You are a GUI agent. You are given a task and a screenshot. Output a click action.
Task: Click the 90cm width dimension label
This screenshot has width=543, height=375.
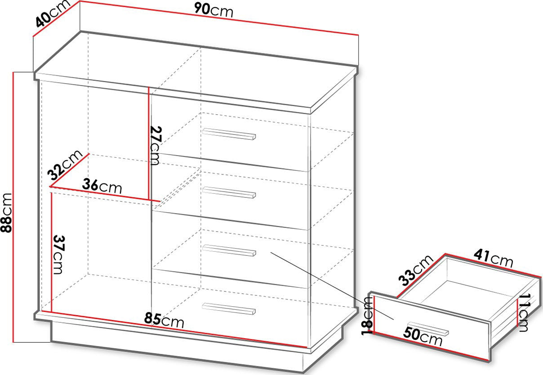[x=214, y=11]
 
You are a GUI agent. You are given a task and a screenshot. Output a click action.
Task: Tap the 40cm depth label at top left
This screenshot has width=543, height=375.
[x=52, y=14]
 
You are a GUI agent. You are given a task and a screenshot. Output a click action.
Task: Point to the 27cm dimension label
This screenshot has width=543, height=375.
[x=155, y=146]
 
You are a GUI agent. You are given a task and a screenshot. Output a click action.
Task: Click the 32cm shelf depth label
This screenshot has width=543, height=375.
[x=65, y=165]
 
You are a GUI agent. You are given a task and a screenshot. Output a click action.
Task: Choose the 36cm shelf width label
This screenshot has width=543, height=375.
[x=102, y=186]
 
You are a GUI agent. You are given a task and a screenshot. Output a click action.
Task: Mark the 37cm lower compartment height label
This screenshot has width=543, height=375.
[x=58, y=254]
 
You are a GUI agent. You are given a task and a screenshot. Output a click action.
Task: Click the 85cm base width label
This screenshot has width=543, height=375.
[x=164, y=321]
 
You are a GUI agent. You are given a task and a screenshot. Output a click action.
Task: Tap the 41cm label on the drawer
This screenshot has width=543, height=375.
[x=494, y=259]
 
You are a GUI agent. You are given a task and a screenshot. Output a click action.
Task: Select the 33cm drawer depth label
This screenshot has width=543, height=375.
[x=415, y=270]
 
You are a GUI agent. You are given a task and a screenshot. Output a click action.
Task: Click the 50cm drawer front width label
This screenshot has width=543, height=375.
[x=423, y=336]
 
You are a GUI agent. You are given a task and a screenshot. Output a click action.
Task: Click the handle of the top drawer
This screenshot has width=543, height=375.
[x=229, y=134]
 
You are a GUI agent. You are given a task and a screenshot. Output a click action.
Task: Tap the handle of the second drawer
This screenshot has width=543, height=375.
[x=229, y=192]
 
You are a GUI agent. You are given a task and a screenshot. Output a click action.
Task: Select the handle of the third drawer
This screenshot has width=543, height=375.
[x=229, y=250]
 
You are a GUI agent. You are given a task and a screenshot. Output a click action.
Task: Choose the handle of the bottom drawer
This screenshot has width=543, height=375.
[x=229, y=308]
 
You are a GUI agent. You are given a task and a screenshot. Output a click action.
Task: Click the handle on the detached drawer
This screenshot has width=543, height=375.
[x=428, y=329]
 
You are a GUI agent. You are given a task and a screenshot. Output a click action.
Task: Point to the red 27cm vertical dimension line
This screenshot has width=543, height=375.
[x=148, y=143]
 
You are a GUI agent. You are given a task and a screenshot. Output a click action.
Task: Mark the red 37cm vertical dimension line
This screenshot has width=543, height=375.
[x=51, y=252]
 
